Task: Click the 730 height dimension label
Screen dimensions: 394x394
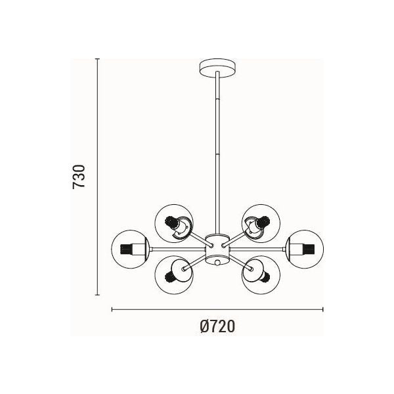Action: coord(79,177)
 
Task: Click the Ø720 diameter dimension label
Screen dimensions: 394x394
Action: coord(217,326)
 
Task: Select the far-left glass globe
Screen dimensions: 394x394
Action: coord(130,249)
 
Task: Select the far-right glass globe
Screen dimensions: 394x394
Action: coord(305,249)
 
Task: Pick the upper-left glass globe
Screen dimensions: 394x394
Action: coord(174,223)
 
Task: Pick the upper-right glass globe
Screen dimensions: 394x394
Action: coord(261,223)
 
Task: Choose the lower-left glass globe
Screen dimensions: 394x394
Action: coord(174,275)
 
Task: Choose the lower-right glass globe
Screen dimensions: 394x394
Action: coord(261,275)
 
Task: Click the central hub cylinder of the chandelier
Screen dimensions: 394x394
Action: coord(217,250)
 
